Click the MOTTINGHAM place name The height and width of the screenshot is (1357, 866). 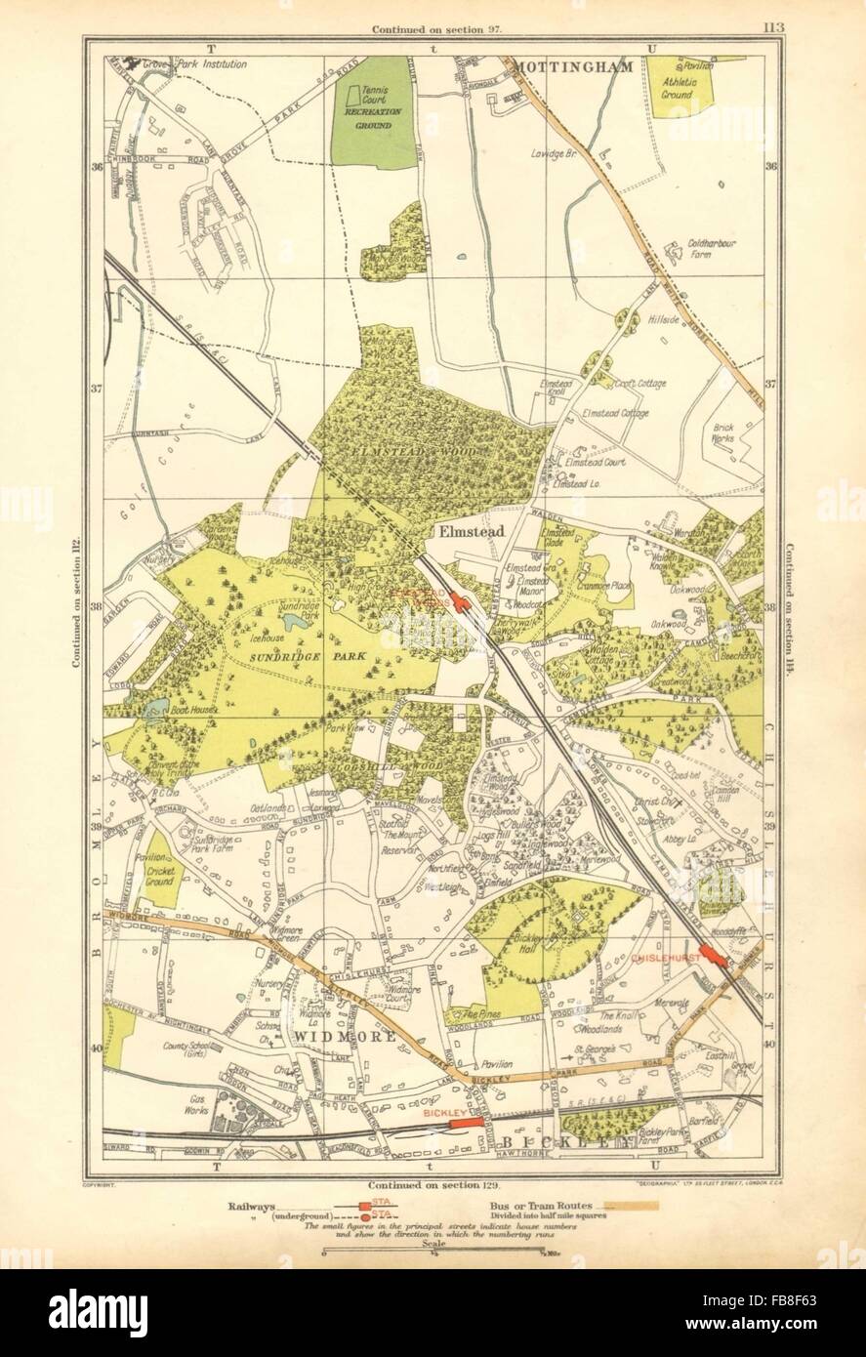(x=573, y=67)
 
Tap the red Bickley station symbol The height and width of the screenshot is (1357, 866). (x=465, y=1125)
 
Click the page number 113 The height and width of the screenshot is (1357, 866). (x=771, y=27)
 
